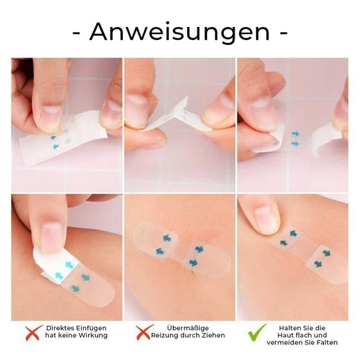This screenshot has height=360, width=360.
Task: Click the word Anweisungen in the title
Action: (179, 31)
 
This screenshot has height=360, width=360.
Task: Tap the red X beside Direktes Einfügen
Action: (32, 332)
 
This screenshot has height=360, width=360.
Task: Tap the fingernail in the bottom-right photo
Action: (263, 219)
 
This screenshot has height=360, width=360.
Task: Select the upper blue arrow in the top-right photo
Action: (295, 134)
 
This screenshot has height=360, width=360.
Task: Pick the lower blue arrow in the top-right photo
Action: (295, 143)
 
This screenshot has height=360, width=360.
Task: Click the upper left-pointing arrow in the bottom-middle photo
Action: (166, 239)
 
